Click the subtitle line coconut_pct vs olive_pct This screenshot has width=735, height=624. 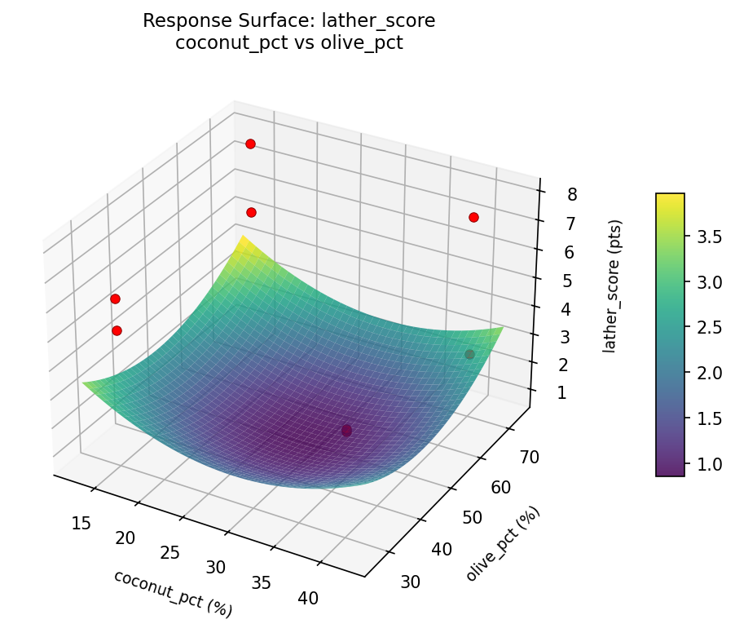[x=288, y=43]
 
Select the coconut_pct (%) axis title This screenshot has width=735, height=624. [x=173, y=593]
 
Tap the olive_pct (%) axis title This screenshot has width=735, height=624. [x=503, y=544]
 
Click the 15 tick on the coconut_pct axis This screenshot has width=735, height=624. [x=81, y=523]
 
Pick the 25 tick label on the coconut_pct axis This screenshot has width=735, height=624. [x=169, y=552]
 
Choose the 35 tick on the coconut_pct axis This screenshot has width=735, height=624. [x=262, y=582]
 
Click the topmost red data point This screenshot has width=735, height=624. [x=250, y=144]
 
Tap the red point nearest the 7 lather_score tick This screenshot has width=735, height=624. [x=473, y=217]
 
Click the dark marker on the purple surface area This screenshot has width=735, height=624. [x=346, y=431]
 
